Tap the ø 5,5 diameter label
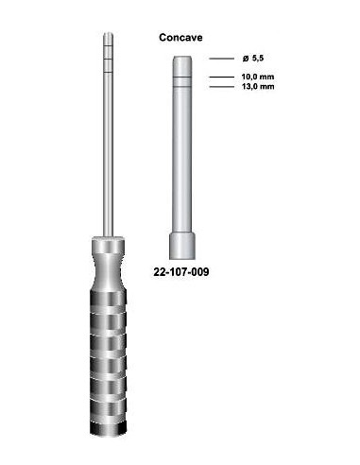(237, 59)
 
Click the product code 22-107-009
(180, 272)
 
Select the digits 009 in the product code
(199, 272)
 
